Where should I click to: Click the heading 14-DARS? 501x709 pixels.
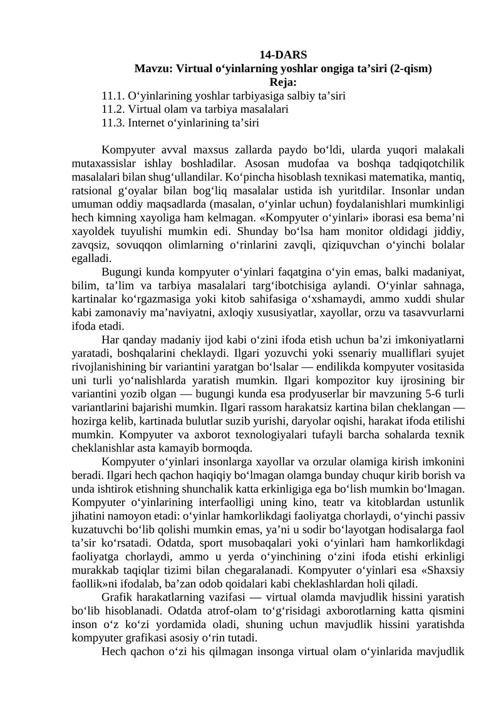tap(283, 55)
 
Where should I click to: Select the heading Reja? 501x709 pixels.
tap(283, 82)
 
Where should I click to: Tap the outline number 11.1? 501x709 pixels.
tap(113, 96)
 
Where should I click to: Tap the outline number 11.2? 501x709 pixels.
tap(113, 109)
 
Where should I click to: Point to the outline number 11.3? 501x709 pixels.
tap(113, 122)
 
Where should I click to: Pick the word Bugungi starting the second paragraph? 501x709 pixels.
tap(121, 271)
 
